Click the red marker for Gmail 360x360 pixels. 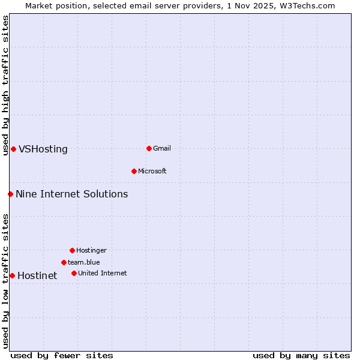click(149, 148)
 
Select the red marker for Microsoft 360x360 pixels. click(134, 171)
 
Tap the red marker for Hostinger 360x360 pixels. click(72, 250)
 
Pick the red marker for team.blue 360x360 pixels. click(64, 262)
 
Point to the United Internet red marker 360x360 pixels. click(74, 273)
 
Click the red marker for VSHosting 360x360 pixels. click(13, 149)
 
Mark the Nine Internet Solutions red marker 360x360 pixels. click(10, 194)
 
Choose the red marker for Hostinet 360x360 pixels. click(12, 275)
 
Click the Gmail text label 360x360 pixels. click(162, 148)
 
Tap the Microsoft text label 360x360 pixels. click(152, 171)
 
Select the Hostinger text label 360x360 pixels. click(91, 250)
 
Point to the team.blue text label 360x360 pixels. click(84, 262)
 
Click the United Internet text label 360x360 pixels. click(103, 273)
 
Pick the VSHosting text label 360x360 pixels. click(43, 149)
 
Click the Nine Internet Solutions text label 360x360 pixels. click(72, 194)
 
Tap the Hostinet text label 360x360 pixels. click(37, 276)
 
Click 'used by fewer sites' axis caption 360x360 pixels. click(62, 355)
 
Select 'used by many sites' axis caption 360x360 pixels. click(301, 355)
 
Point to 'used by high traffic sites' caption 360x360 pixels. click(5, 85)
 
